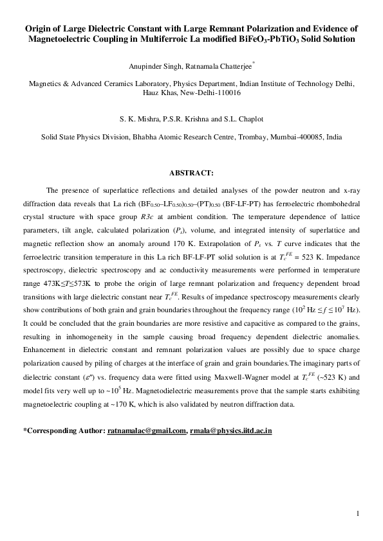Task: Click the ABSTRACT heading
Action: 191,173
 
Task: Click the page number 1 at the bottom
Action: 357,513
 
